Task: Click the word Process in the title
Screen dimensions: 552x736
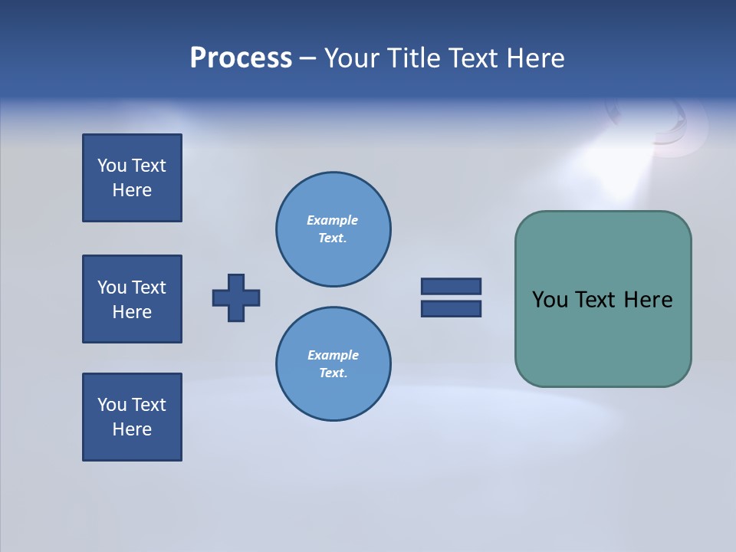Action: coord(241,58)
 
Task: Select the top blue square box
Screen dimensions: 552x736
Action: coord(132,178)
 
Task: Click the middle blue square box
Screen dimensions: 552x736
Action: coord(132,299)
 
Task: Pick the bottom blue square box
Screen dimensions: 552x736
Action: coord(132,417)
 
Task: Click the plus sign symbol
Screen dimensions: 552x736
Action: coord(236,297)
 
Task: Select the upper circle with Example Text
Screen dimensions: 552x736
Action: coord(333,229)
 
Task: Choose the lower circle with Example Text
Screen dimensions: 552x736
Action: coord(333,364)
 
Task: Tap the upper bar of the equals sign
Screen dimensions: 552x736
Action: coord(451,287)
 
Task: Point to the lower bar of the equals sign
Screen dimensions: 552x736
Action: coord(451,308)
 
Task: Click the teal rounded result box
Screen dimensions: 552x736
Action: coord(603,337)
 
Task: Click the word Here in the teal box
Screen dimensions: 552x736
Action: coord(648,300)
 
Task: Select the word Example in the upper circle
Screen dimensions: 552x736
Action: coord(333,221)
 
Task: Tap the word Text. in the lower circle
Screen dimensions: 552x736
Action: coord(333,373)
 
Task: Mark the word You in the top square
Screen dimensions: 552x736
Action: coord(112,166)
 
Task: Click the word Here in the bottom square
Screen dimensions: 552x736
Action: coord(132,429)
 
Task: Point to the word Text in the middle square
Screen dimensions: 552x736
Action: coord(149,287)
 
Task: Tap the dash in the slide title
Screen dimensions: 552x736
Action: coord(307,58)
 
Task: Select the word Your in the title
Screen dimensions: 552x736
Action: coord(353,58)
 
